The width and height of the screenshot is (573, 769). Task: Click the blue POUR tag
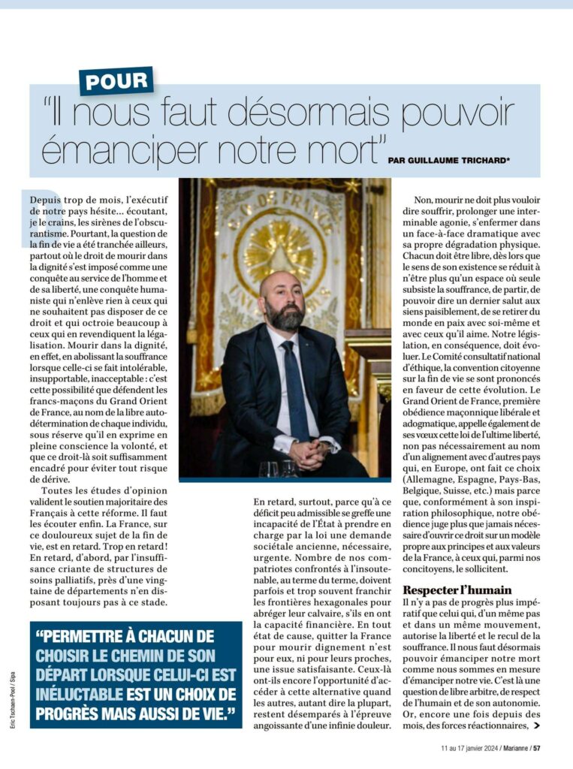(x=116, y=80)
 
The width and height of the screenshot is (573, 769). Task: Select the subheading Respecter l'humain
(x=457, y=590)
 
